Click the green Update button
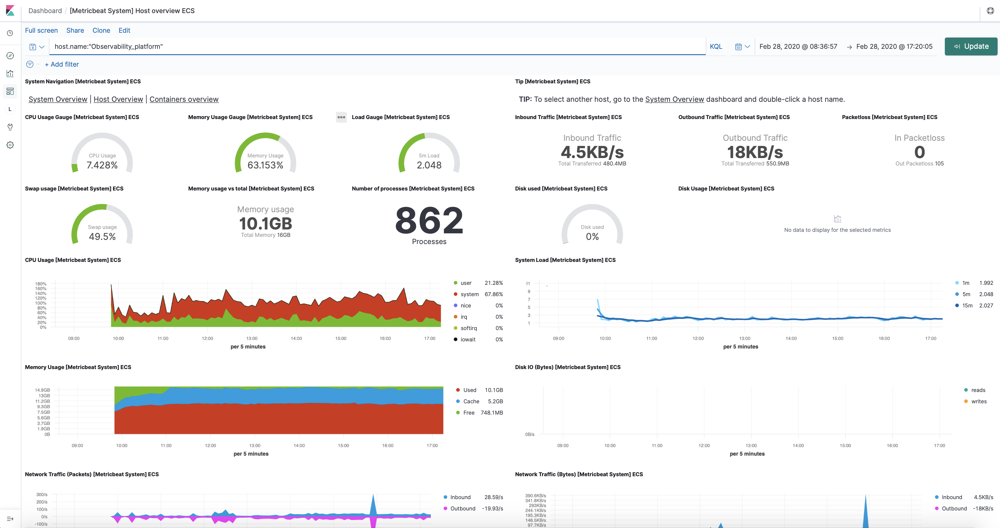point(971,46)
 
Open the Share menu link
point(75,30)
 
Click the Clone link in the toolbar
point(101,30)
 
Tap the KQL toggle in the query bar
point(716,46)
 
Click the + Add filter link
point(62,64)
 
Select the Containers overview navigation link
point(184,99)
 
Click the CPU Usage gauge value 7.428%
point(102,165)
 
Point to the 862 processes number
point(429,221)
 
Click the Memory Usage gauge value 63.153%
point(266,165)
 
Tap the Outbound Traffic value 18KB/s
point(755,152)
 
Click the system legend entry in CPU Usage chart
point(469,294)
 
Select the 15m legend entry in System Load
point(967,305)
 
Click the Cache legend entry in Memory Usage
point(471,401)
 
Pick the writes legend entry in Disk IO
point(978,401)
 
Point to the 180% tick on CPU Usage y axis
point(41,284)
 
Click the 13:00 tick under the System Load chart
point(744,338)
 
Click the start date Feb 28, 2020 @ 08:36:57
point(798,46)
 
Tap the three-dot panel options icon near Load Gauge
point(341,117)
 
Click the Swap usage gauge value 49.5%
point(102,237)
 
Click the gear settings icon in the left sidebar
point(10,145)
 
